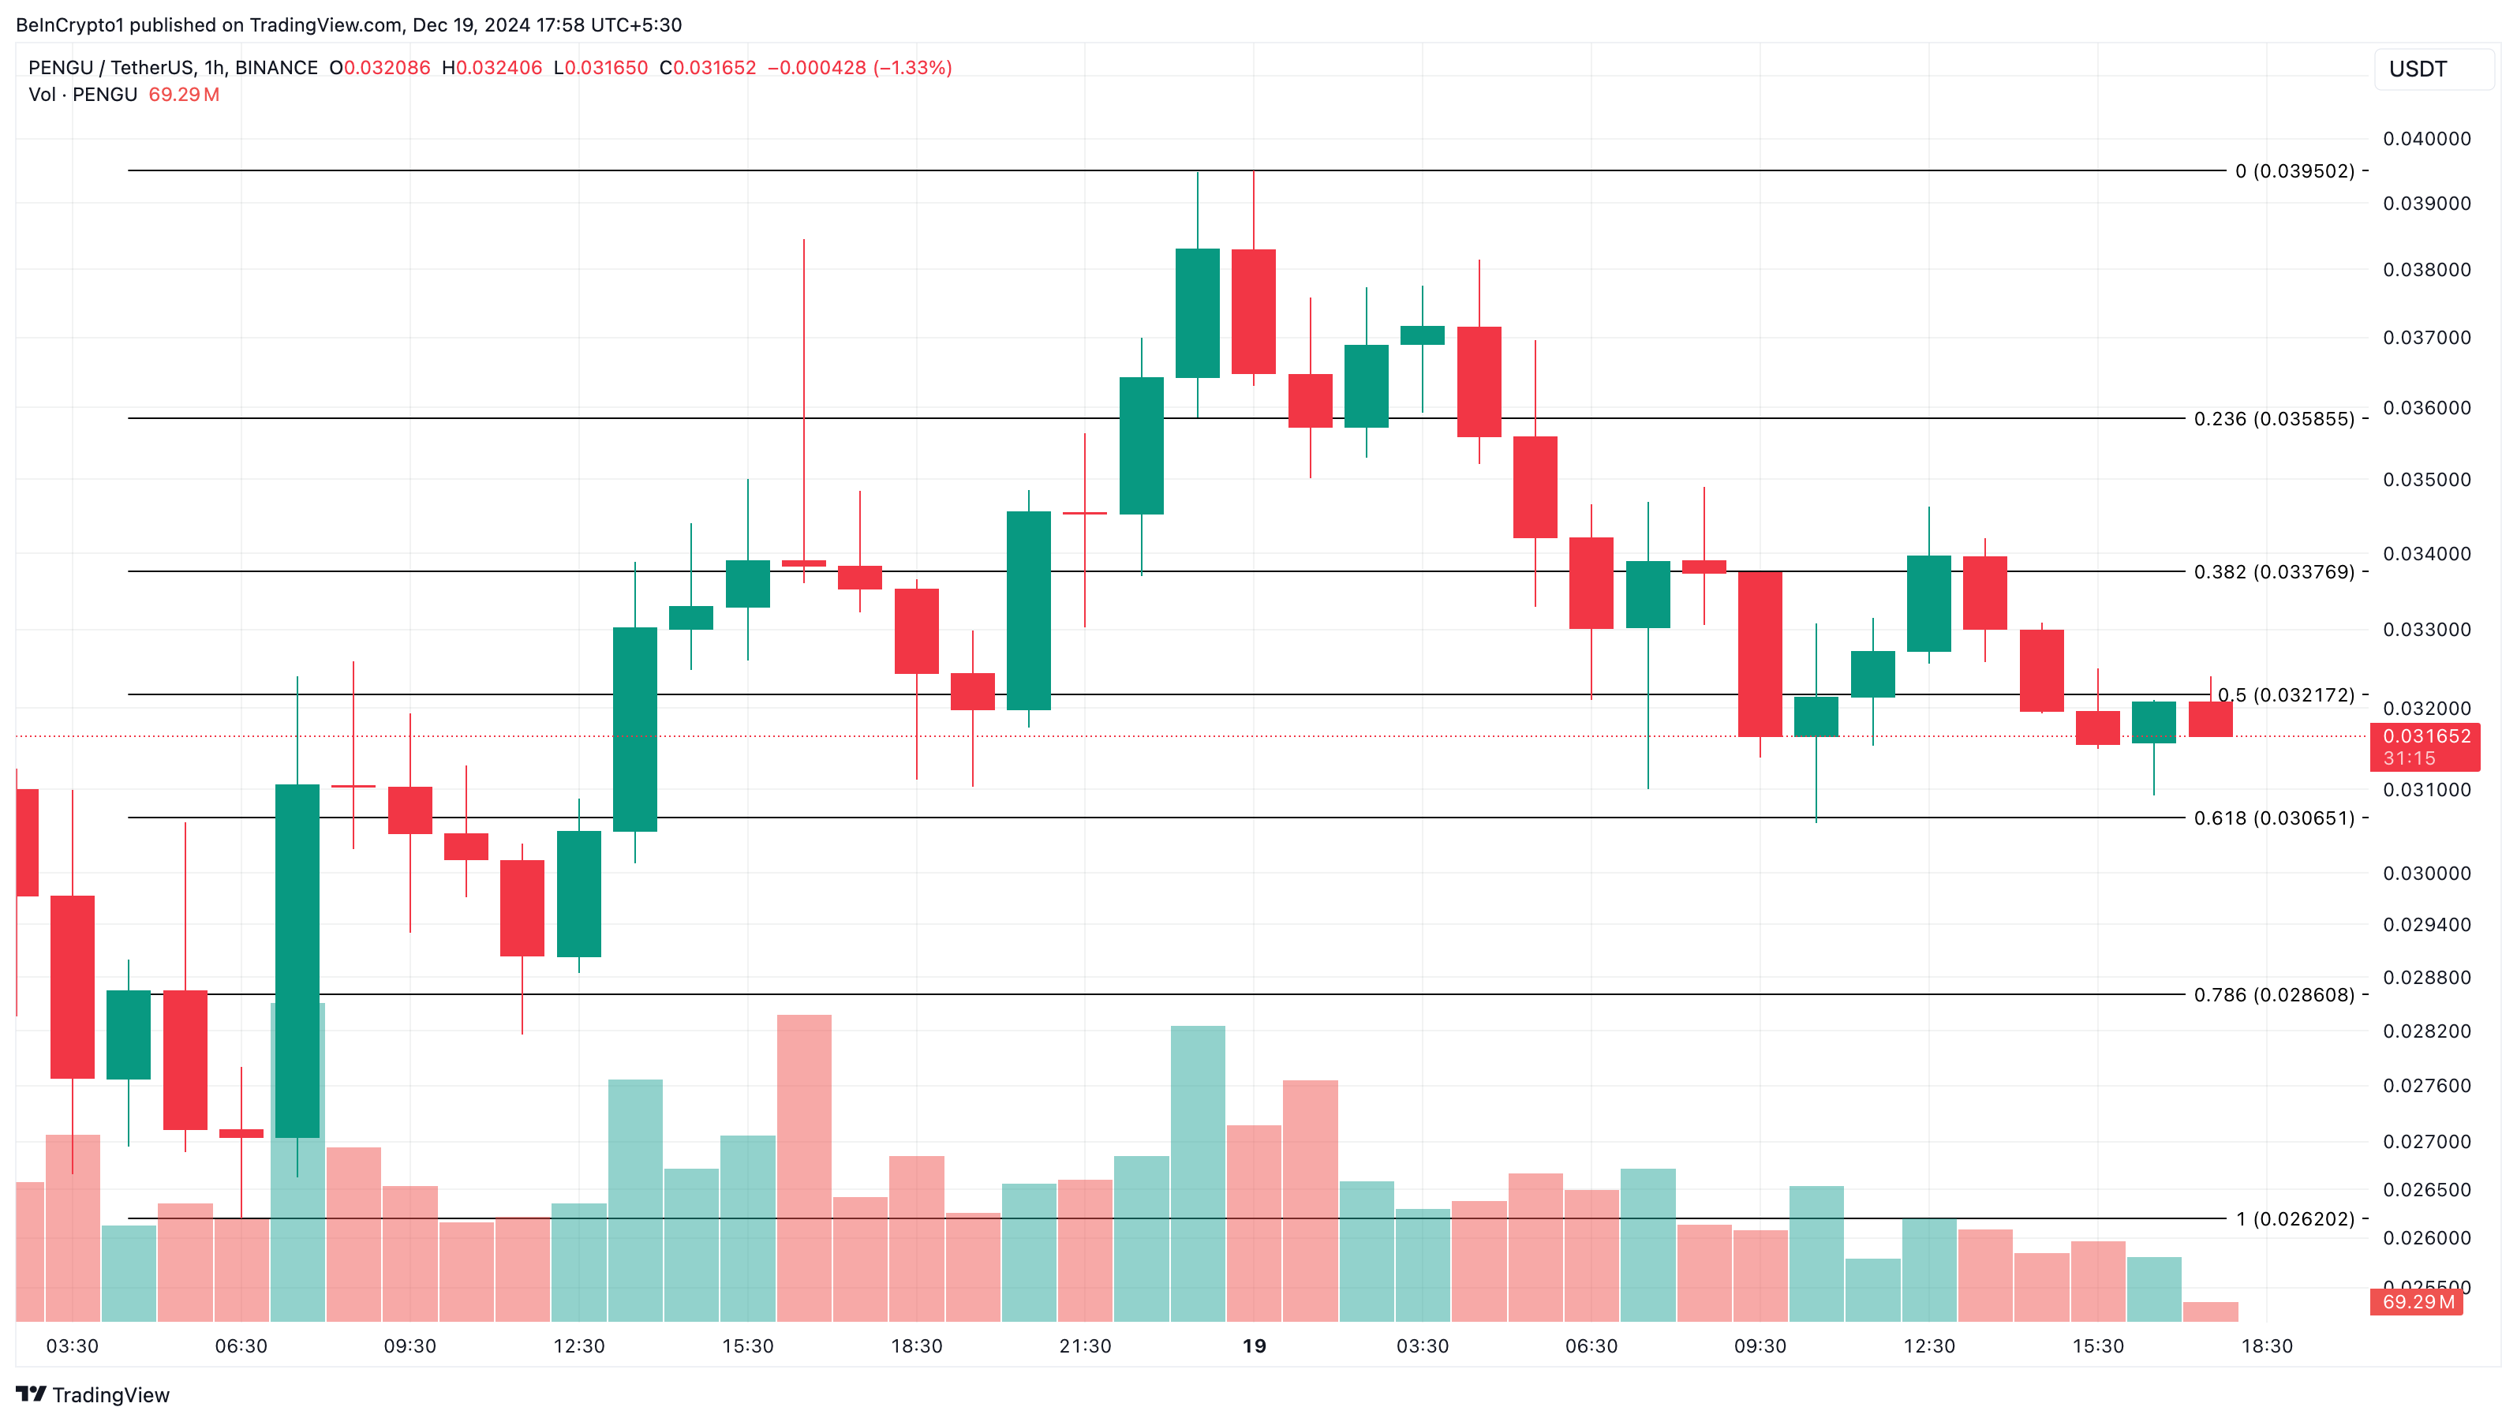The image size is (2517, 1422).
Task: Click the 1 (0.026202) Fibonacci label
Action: click(x=2294, y=1218)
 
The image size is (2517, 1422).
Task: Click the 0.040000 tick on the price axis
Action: click(x=2426, y=139)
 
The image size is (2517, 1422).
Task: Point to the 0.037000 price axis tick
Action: click(x=2426, y=337)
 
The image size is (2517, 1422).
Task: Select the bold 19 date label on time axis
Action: click(x=1254, y=1347)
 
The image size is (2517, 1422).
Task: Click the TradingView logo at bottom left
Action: click(x=93, y=1394)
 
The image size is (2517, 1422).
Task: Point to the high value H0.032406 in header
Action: click(x=492, y=67)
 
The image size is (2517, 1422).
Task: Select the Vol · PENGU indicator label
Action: click(x=83, y=95)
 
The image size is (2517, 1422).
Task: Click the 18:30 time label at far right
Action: click(x=2266, y=1347)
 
